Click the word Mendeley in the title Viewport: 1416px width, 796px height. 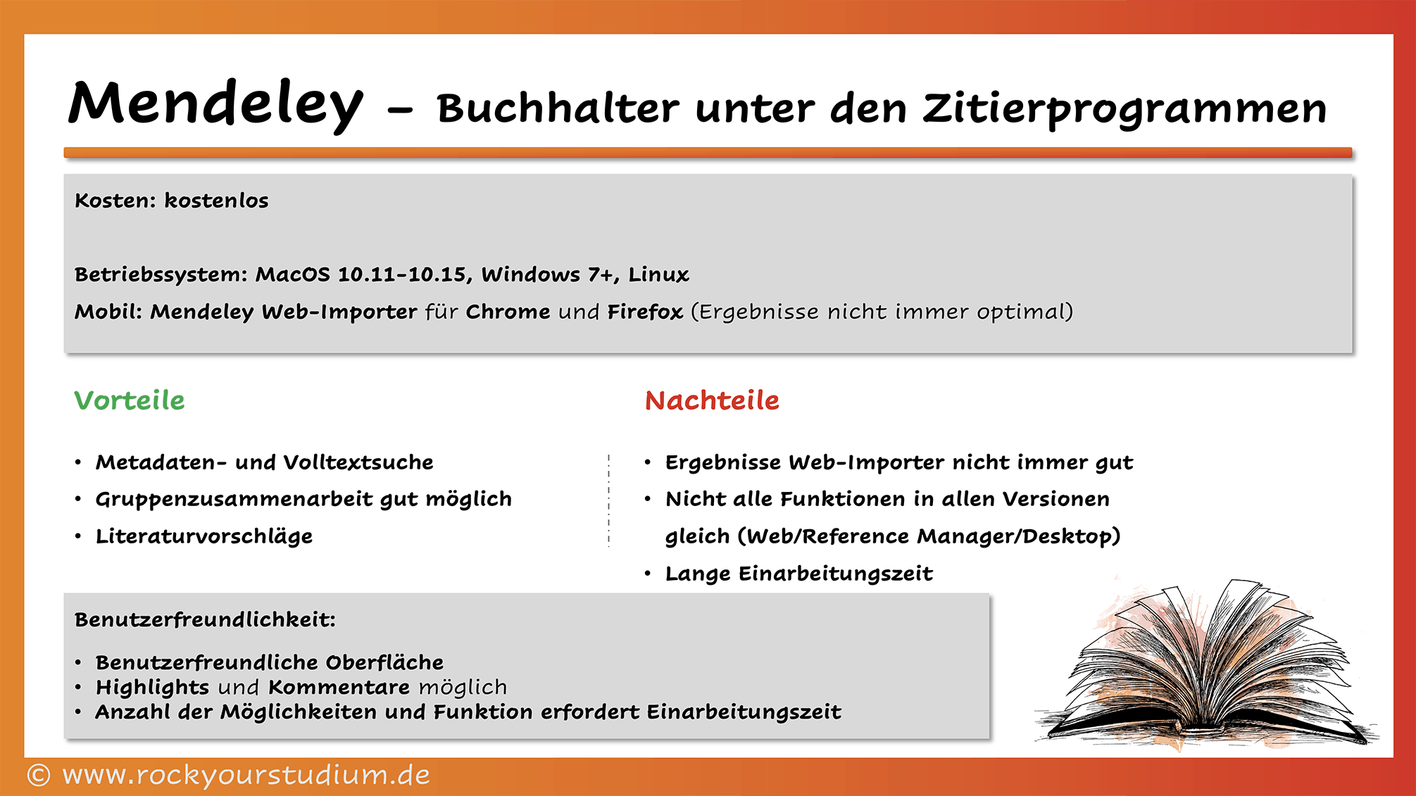click(215, 104)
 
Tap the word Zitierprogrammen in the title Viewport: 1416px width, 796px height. click(1124, 109)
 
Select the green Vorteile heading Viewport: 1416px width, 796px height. click(130, 400)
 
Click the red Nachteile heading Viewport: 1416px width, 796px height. click(712, 400)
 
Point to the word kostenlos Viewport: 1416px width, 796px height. click(216, 201)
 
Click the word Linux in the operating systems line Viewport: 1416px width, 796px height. click(658, 274)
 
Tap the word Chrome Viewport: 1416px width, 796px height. click(508, 312)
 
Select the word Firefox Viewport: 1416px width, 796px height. click(645, 312)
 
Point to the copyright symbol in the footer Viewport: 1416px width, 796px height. click(39, 776)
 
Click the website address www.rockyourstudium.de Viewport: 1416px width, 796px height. click(246, 775)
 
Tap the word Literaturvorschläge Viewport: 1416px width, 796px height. click(204, 536)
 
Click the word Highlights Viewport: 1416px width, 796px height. click(152, 688)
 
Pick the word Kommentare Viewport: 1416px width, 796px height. click(339, 687)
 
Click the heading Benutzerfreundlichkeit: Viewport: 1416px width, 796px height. click(205, 620)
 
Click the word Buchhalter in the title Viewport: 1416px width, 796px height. click(558, 109)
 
